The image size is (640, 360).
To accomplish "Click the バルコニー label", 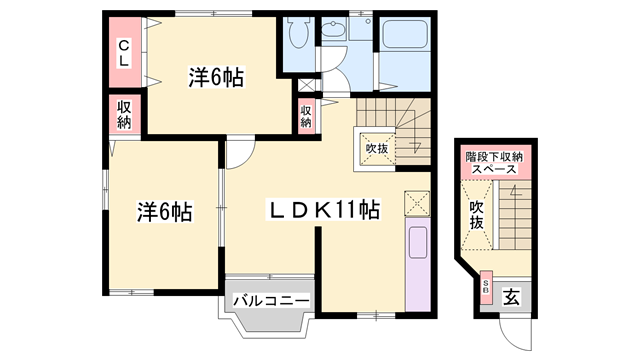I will (272, 299).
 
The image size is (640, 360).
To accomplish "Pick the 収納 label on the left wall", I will (123, 115).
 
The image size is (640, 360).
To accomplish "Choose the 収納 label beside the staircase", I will (305, 115).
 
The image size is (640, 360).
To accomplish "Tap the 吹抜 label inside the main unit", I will (376, 147).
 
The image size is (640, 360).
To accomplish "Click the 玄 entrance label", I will (510, 296).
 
